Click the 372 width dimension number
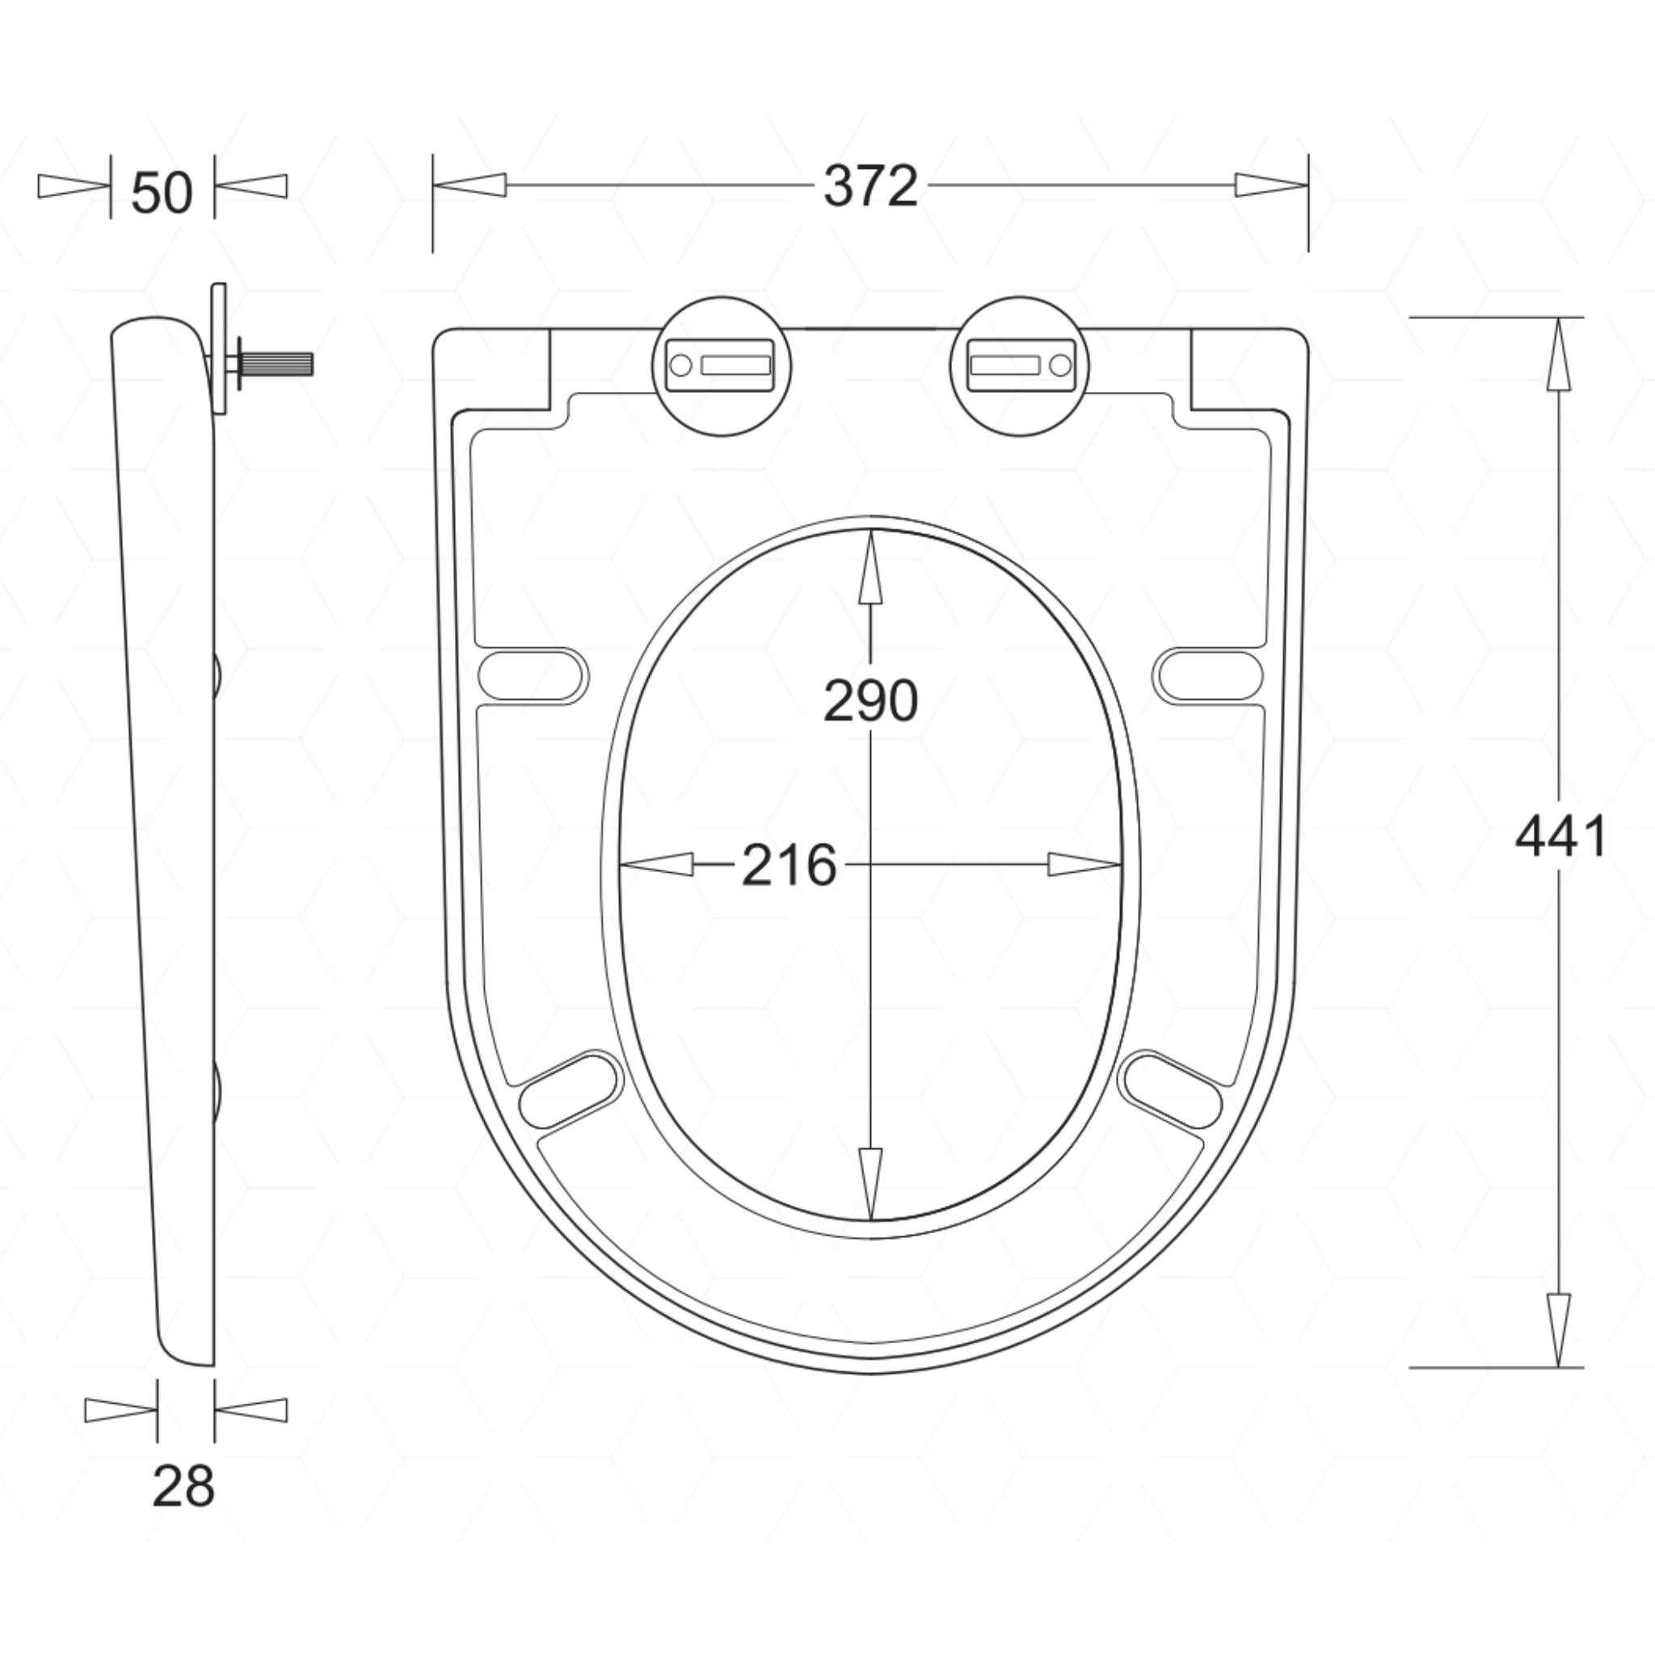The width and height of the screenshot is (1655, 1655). (x=870, y=186)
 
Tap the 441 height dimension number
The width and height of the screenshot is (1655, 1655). (x=1560, y=837)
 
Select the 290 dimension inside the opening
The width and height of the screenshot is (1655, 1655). (x=870, y=701)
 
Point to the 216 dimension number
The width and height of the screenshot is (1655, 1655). (x=788, y=865)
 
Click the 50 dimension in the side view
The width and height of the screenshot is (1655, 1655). (x=162, y=193)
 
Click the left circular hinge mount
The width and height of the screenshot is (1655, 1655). (x=722, y=366)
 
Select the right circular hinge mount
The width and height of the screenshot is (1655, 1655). (x=1018, y=366)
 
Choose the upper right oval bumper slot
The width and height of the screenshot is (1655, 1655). (x=1208, y=676)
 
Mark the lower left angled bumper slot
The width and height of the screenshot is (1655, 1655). (x=569, y=1090)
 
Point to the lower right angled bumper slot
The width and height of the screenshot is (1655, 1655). (x=1172, y=1090)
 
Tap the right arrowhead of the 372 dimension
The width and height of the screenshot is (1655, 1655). (x=1271, y=185)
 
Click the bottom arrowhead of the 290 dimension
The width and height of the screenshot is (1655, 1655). (x=870, y=1182)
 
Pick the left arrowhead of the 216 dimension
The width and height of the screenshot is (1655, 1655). (x=656, y=865)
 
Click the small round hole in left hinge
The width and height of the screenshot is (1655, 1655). (x=680, y=366)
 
